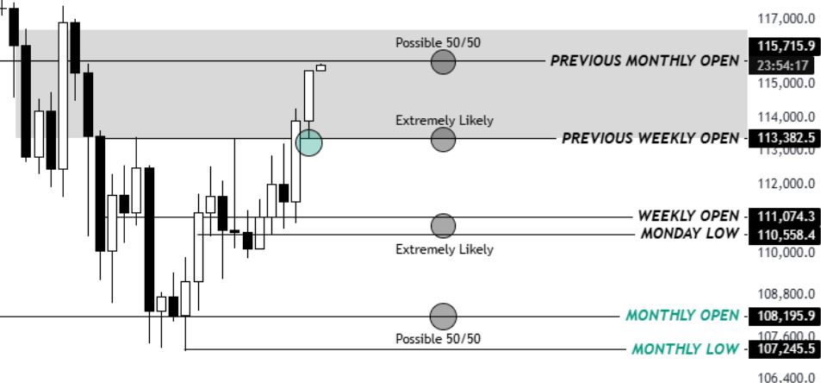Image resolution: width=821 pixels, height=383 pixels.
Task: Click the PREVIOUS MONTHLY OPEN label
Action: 644,61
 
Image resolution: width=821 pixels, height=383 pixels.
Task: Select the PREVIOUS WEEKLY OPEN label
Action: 650,138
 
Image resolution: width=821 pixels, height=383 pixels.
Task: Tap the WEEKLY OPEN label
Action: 687,216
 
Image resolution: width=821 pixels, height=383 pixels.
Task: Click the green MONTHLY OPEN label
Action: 682,316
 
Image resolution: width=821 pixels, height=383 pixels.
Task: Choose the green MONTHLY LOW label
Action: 685,349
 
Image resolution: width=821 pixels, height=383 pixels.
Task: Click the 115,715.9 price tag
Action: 783,46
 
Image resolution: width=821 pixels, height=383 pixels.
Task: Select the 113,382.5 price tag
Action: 783,138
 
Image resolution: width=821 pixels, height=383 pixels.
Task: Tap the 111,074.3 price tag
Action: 783,216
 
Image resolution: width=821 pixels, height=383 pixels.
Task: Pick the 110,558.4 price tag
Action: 783,234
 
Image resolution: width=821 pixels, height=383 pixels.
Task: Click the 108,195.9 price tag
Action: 783,316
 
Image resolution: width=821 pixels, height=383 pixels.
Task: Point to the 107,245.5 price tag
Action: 783,349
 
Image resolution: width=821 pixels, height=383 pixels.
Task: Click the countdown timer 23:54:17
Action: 783,66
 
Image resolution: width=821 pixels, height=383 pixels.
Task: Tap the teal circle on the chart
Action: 308,143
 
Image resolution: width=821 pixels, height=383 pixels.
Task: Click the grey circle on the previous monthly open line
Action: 443,61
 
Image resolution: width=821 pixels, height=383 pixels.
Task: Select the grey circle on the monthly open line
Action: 443,317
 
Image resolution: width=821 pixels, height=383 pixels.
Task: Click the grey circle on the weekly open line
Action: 443,226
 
